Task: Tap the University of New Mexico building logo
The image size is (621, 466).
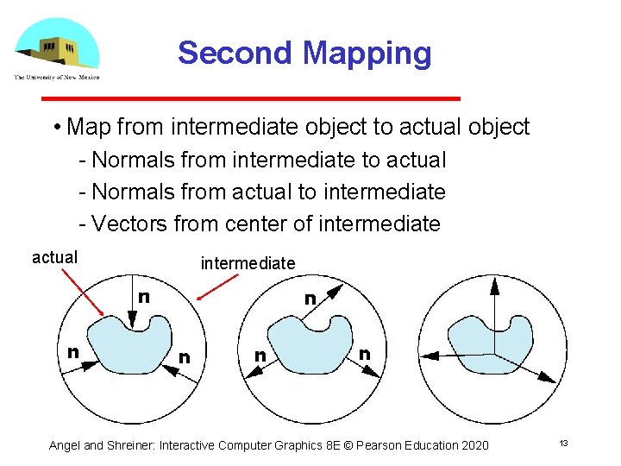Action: (x=56, y=45)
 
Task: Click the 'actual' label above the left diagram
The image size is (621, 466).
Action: (x=54, y=257)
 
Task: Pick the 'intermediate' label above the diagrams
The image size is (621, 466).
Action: (x=248, y=263)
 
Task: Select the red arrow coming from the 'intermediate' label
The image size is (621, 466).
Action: (x=216, y=287)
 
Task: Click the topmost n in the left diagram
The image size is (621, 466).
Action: (x=144, y=296)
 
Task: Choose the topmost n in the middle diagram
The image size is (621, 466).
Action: (x=309, y=299)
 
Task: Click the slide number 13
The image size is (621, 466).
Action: (x=562, y=444)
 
